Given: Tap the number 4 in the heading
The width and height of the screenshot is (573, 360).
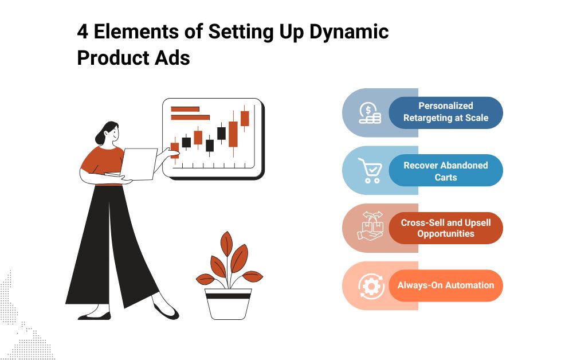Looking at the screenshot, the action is click(x=83, y=32).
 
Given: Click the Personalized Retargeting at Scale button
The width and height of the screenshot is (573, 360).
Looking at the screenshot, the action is click(x=446, y=112).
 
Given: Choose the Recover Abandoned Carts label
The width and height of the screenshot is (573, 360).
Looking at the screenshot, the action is click(x=446, y=171).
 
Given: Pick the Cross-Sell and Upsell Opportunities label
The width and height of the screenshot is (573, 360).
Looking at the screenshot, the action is click(x=446, y=228).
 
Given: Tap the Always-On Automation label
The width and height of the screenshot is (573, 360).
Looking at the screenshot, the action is click(x=446, y=285).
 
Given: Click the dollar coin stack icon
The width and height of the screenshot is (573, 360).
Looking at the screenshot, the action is click(x=370, y=113).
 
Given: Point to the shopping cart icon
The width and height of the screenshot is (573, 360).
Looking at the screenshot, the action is click(x=371, y=170).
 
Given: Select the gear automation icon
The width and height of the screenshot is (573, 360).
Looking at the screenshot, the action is click(x=371, y=286).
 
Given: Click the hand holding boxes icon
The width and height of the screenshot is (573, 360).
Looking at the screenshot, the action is click(x=371, y=226).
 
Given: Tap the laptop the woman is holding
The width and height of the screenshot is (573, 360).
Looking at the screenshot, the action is click(x=138, y=165).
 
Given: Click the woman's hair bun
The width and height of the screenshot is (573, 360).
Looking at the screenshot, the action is click(x=99, y=138).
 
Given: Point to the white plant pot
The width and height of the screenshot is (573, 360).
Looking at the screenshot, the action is click(x=228, y=304).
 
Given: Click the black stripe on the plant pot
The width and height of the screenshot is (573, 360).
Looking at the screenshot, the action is click(x=228, y=296).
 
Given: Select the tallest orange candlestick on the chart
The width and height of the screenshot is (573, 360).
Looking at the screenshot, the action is click(x=233, y=134).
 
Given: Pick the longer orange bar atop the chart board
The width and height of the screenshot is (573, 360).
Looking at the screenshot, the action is click(x=190, y=118).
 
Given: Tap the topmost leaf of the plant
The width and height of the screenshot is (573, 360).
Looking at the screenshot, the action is click(x=226, y=244).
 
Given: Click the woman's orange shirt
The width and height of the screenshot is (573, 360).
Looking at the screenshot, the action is click(x=103, y=161).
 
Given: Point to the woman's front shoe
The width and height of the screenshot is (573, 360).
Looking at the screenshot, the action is click(x=166, y=311).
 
